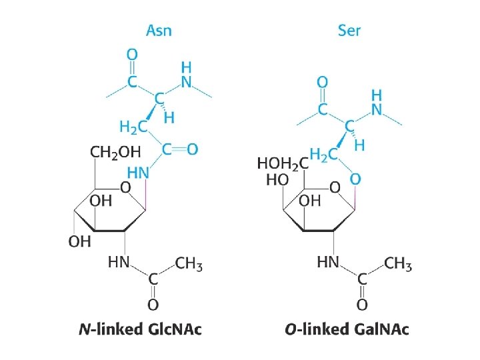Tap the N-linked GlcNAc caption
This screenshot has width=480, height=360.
[x=139, y=329]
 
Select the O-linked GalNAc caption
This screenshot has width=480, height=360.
[x=347, y=329]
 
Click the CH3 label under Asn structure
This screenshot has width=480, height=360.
[x=189, y=263]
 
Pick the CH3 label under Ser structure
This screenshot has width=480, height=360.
[x=398, y=263]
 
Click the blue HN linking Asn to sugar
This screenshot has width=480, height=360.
[x=138, y=172]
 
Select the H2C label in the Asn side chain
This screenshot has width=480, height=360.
[x=133, y=125]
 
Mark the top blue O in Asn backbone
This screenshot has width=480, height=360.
[x=132, y=53]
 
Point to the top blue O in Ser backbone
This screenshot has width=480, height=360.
[x=322, y=83]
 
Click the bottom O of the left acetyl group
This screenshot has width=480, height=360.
[x=153, y=305]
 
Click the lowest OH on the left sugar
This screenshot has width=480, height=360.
[x=79, y=241]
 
